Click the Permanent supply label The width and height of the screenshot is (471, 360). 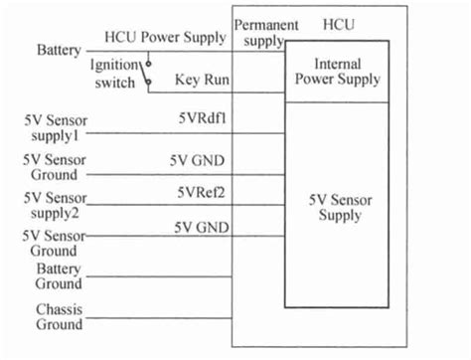point(265,31)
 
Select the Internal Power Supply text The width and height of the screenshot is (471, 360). point(338,71)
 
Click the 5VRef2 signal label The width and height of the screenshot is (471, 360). point(204,192)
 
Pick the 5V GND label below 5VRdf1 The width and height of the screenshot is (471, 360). point(203,158)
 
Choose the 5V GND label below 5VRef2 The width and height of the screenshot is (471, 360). point(203,227)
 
